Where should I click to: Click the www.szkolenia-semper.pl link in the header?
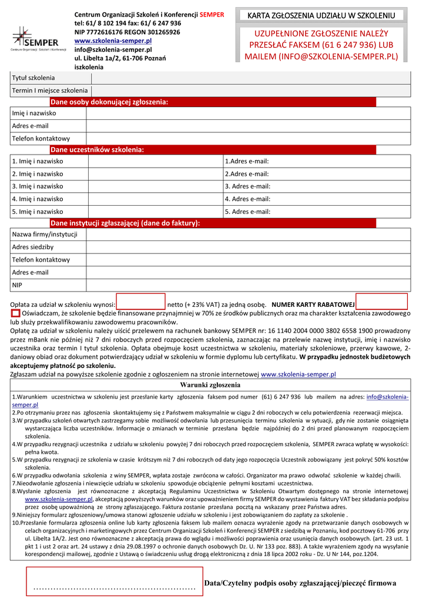pyautogui.click(x=113, y=41)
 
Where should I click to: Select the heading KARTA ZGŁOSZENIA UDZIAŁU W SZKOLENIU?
pyautogui.click(x=321, y=15)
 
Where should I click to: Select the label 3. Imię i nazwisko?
pyautogui.click(x=38, y=186)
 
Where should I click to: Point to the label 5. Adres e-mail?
pyautogui.click(x=247, y=212)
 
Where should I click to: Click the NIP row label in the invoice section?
pyautogui.click(x=18, y=285)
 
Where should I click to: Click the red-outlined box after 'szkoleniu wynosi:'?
pyautogui.click(x=141, y=302)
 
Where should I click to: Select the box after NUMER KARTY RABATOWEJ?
pyautogui.click(x=381, y=302)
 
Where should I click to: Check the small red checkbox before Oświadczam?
pyautogui.click(x=15, y=314)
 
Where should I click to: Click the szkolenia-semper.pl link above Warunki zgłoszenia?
pyautogui.click(x=298, y=374)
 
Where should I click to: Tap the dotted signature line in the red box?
pyautogui.click(x=115, y=587)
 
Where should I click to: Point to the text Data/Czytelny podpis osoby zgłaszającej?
pyautogui.click(x=300, y=583)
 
